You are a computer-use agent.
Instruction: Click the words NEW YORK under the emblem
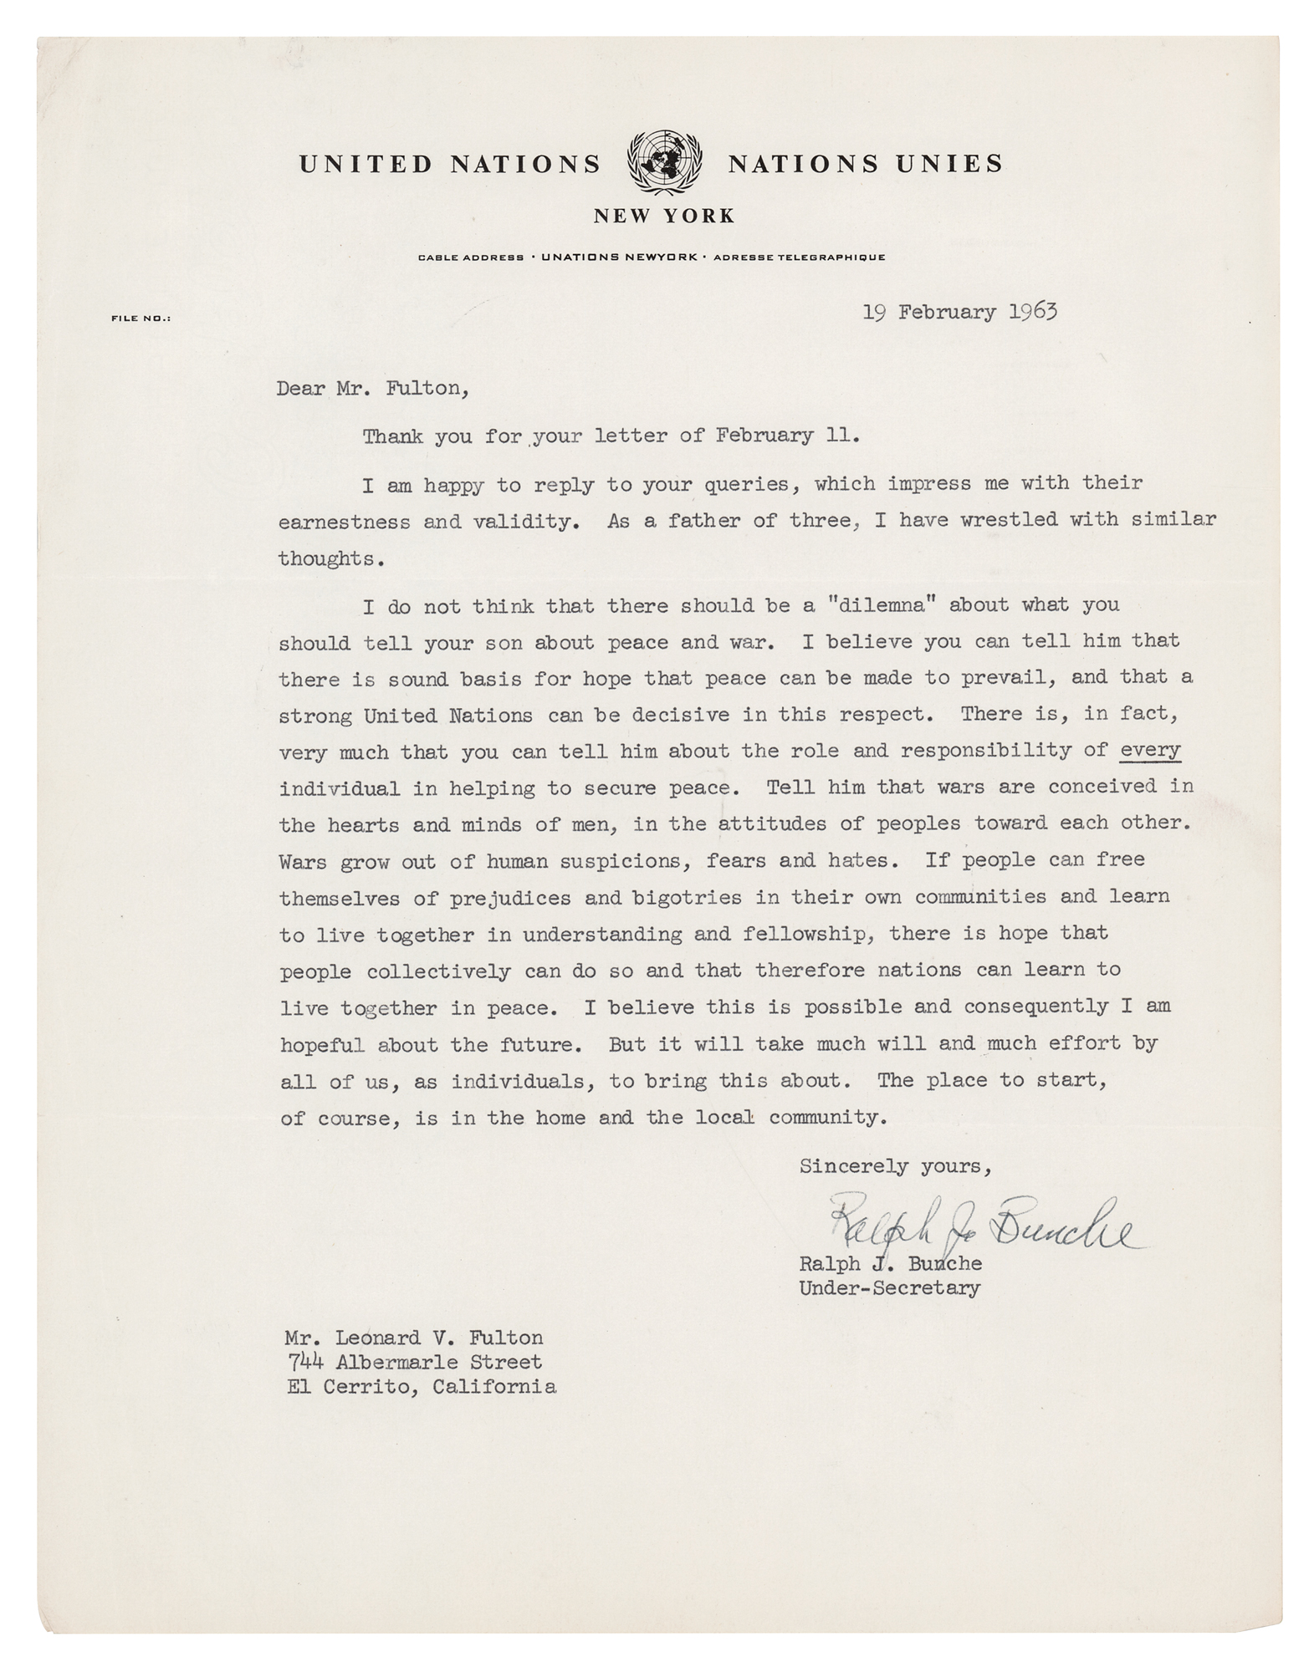[664, 217]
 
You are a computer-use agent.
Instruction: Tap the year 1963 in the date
[1032, 312]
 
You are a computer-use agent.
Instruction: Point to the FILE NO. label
[141, 319]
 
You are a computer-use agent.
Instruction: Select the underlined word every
[1150, 751]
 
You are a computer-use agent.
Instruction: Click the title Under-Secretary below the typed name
[890, 1288]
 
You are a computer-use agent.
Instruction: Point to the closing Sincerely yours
[896, 1166]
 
